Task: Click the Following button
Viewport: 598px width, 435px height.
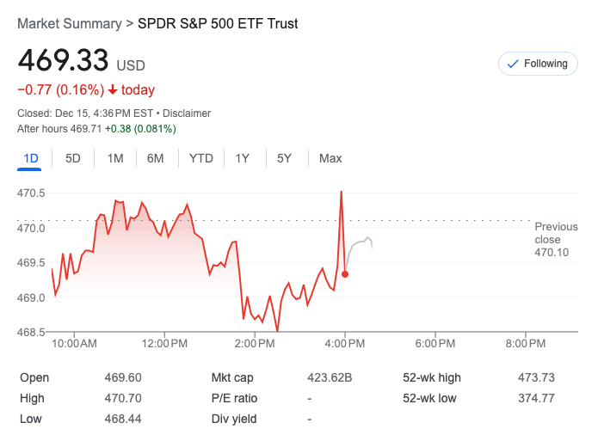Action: [x=538, y=64]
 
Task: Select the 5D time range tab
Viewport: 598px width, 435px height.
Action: [x=73, y=158]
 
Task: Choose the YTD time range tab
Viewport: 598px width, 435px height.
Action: [x=200, y=158]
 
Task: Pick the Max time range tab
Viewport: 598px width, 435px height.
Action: [x=330, y=158]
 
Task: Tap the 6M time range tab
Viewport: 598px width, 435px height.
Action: [x=155, y=158]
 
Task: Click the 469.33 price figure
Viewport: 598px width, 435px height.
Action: [x=64, y=61]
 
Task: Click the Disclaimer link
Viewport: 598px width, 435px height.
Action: [x=187, y=113]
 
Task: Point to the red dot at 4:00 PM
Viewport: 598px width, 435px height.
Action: [x=345, y=274]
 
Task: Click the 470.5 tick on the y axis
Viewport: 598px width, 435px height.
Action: [x=31, y=193]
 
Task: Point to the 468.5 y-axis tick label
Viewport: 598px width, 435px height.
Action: [x=31, y=333]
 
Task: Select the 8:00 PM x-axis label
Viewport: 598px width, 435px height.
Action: [x=525, y=344]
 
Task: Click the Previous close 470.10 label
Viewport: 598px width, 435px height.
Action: [x=556, y=240]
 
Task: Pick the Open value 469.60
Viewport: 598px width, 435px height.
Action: [x=123, y=377]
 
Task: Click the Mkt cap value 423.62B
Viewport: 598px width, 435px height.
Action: [x=330, y=377]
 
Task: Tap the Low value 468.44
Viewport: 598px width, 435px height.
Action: [x=123, y=419]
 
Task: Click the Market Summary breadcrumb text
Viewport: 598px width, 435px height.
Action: [x=70, y=24]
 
